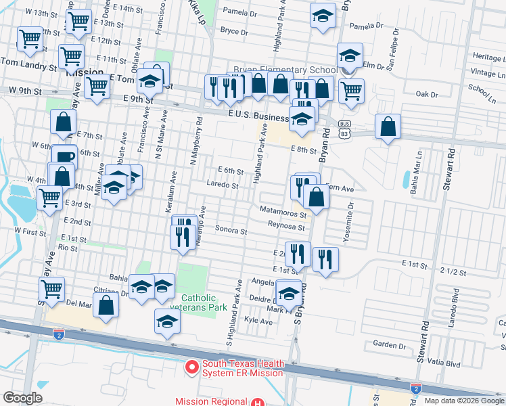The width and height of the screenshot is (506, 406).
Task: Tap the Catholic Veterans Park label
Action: tap(198, 302)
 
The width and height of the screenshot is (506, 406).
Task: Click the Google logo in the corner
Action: tap(22, 398)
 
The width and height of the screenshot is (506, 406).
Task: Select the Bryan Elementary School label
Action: tap(285, 70)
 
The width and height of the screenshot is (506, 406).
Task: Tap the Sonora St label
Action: tap(231, 231)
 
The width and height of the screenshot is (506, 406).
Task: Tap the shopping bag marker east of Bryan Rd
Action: tap(388, 127)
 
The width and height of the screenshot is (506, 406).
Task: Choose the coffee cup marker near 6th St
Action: tap(65, 157)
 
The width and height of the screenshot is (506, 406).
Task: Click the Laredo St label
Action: tap(223, 185)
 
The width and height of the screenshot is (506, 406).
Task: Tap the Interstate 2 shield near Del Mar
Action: tap(58, 334)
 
